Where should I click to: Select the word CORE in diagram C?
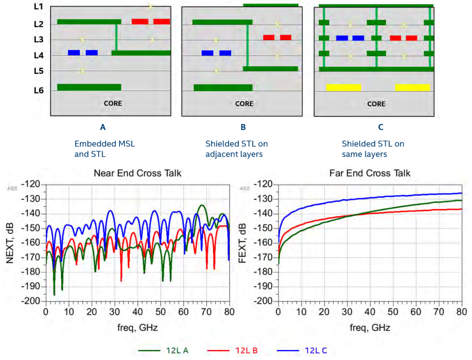point(376,104)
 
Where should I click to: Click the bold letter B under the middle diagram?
point(243,127)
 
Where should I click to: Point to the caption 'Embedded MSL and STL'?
point(104,149)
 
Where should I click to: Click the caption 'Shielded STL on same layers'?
point(373,149)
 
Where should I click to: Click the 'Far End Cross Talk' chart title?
point(369,173)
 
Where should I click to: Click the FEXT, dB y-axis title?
point(243,242)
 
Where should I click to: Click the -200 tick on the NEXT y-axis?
point(33,301)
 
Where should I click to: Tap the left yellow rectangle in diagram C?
point(343,87)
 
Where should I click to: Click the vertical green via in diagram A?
point(117,37)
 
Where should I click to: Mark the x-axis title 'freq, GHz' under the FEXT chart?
point(369,328)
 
